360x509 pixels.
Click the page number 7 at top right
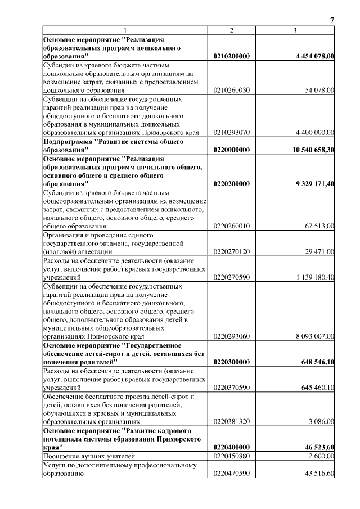332,21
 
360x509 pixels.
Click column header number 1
125,30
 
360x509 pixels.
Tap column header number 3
295,30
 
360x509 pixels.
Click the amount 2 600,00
322,455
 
